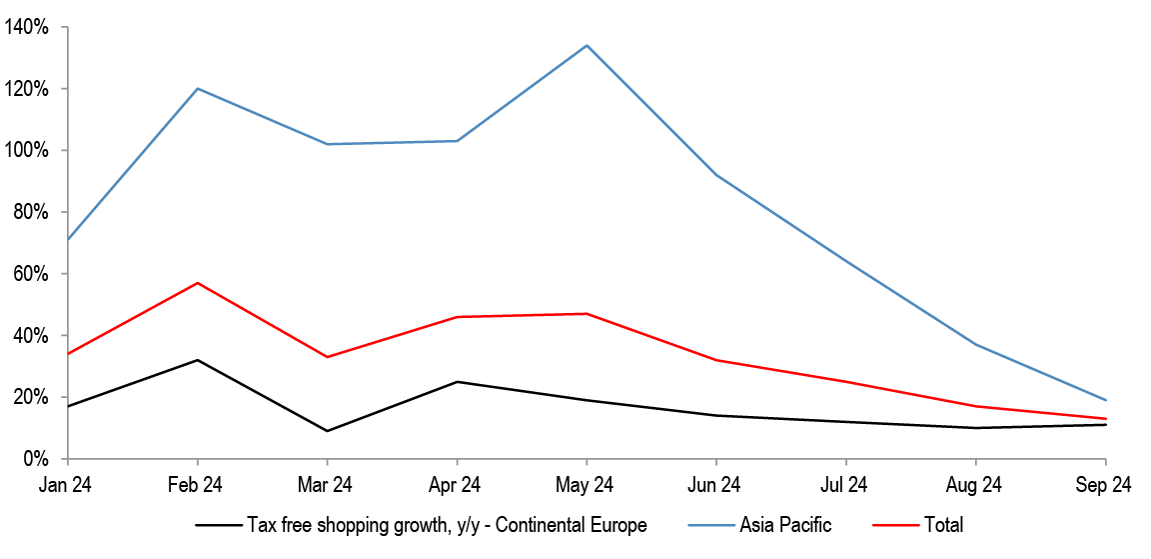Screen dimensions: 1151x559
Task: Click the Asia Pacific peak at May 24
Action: (586, 46)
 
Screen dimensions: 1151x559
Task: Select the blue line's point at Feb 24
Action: (198, 89)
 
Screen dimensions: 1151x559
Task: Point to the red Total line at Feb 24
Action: (198, 283)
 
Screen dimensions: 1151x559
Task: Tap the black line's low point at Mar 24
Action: (328, 430)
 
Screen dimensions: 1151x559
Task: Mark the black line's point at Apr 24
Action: (458, 382)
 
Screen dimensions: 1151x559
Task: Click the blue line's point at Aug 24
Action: (975, 345)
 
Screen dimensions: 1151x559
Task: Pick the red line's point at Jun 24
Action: (716, 360)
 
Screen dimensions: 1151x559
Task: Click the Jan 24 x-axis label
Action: (67, 485)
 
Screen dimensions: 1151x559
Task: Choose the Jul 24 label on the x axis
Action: (845, 485)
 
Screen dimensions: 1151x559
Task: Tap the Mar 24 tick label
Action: (328, 485)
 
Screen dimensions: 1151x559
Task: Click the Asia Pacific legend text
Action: (785, 525)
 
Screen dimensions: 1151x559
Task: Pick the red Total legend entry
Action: (917, 525)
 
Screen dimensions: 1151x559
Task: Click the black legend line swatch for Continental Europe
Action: (218, 525)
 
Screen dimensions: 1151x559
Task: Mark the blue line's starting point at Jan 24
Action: (68, 239)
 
